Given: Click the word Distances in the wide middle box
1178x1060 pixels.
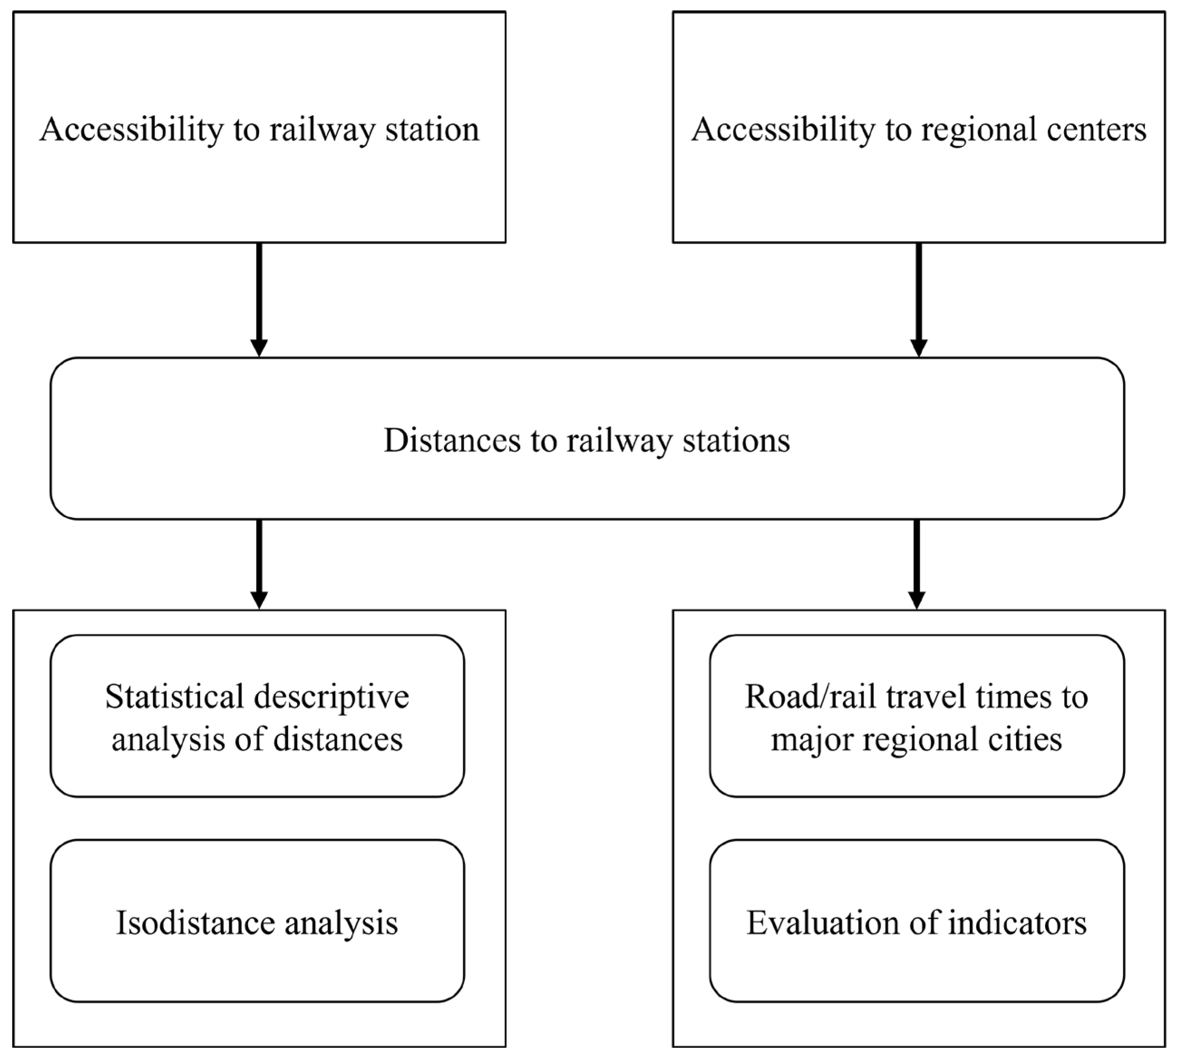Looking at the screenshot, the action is (x=451, y=440).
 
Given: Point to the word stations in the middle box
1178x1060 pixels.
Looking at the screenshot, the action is (x=737, y=441).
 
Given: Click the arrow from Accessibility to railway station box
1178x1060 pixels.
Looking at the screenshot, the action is (x=259, y=299).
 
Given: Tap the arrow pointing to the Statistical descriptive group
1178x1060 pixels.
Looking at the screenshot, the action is (x=259, y=564).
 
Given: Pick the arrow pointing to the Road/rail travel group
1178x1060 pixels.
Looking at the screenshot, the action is (x=917, y=564).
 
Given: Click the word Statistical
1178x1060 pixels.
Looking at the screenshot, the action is (x=174, y=697).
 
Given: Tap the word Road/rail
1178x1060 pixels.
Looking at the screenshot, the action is (x=811, y=697).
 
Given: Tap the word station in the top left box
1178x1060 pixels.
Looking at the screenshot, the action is (x=431, y=129).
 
